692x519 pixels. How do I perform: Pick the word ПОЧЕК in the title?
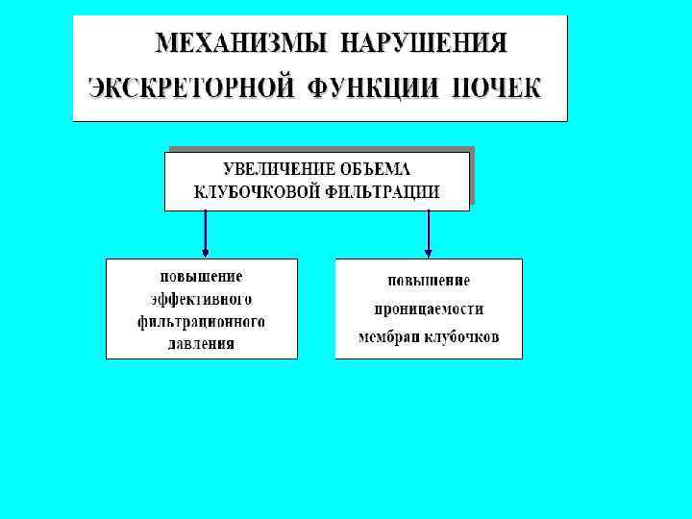coord(496,87)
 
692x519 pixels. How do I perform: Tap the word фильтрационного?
coord(201,320)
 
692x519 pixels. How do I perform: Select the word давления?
coord(201,342)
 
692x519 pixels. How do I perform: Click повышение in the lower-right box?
coord(428,281)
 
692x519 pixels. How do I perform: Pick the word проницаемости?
coord(428,309)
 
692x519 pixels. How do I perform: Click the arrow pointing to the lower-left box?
coord(205,234)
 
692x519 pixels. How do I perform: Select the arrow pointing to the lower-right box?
coord(428,234)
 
